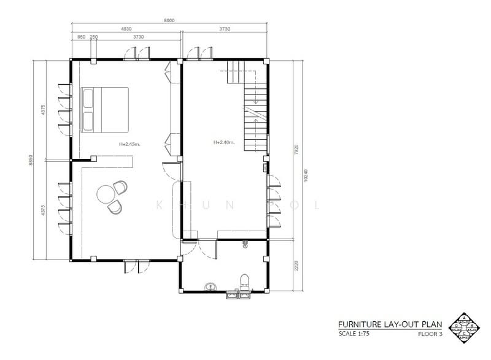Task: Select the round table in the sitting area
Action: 104,194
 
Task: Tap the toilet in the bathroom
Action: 245,281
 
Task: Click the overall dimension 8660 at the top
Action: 170,21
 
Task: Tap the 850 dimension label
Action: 81,37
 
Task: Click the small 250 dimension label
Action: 94,37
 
